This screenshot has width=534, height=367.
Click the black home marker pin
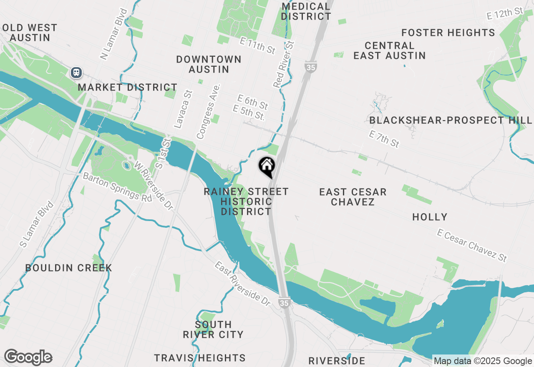tap(267, 166)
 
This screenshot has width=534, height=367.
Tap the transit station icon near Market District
tap(76, 73)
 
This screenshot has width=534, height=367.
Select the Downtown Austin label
tap(209, 64)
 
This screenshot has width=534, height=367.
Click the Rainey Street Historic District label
tap(246, 201)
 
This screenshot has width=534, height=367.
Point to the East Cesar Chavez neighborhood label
tap(353, 197)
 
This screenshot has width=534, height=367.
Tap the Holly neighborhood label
tap(430, 217)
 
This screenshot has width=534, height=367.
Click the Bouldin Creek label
tap(69, 268)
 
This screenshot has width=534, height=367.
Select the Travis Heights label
tap(200, 358)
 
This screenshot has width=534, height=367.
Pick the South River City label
tap(213, 329)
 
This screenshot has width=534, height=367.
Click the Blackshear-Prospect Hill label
tap(451, 121)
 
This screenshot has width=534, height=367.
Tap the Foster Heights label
tap(448, 33)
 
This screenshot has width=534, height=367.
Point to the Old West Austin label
tap(30, 33)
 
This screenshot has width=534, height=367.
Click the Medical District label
tap(306, 11)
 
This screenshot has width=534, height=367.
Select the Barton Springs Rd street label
tap(117, 187)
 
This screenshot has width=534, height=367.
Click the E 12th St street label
tap(505, 14)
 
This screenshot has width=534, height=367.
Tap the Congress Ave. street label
tap(208, 111)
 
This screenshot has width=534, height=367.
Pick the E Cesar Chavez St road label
tap(472, 245)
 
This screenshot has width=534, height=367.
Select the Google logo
tap(28, 357)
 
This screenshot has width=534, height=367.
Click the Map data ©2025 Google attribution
tap(483, 361)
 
